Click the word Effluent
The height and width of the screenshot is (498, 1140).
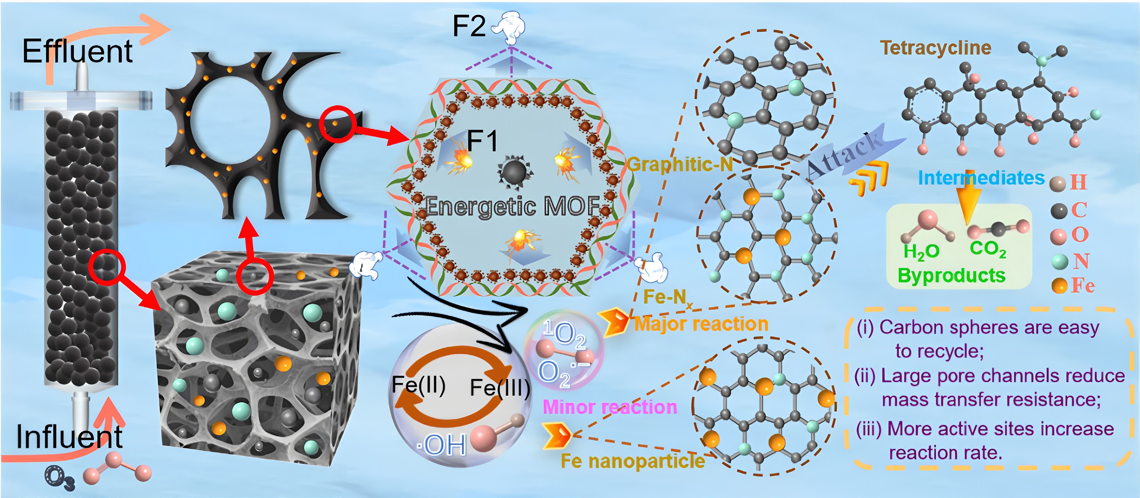[x=78, y=51]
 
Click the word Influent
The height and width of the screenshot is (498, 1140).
[x=69, y=436]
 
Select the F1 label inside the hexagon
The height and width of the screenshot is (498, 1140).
[x=482, y=141]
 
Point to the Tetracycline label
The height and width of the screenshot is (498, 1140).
[x=935, y=48]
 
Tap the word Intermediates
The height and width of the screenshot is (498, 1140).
[x=981, y=178]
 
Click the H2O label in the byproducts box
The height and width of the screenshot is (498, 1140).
[x=921, y=252]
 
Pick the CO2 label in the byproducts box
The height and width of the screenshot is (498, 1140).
[x=988, y=249]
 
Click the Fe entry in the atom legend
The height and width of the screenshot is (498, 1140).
[x=1082, y=286]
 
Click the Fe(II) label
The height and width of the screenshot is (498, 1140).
[x=419, y=385]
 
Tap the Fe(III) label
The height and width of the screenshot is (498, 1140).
[x=500, y=388]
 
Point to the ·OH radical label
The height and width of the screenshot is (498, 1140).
[x=442, y=445]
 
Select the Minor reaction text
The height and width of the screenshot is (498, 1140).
[x=610, y=407]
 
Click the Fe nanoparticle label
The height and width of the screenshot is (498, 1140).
[x=633, y=461]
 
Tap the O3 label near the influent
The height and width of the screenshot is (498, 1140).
[x=60, y=479]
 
